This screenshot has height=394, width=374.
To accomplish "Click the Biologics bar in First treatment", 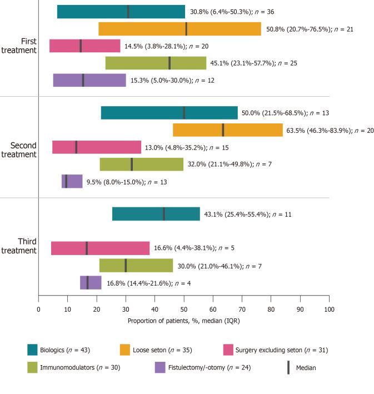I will (x=121, y=12).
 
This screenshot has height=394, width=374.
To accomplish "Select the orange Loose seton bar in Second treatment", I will (x=227, y=130).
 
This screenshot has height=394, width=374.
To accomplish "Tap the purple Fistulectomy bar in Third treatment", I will (x=91, y=282).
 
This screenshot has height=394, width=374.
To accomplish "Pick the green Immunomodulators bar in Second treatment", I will (x=141, y=164).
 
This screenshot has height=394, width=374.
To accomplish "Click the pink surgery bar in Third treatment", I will (x=100, y=248).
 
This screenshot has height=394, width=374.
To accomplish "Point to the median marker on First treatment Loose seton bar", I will (x=186, y=29).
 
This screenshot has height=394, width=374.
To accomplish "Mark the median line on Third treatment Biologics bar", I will (x=164, y=214).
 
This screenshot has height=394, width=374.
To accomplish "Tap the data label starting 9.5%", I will (x=121, y=182).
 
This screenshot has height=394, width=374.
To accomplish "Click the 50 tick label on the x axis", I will (x=184, y=308).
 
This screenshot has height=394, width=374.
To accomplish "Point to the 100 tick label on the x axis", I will (x=329, y=308).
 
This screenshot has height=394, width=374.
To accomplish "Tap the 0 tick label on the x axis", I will (x=38, y=308).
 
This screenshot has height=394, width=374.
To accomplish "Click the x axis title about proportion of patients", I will (x=183, y=321).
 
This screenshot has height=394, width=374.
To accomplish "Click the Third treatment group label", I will (x=22, y=245).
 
